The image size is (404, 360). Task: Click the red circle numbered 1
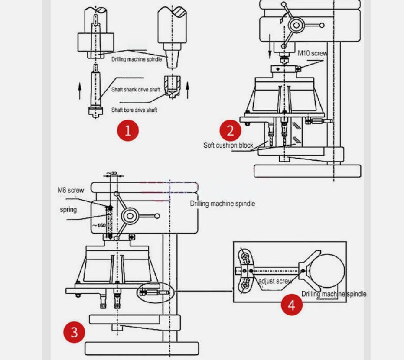tap(127, 130)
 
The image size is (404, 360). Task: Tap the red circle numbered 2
tap(230, 130)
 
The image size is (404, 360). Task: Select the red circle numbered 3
tap(74, 332)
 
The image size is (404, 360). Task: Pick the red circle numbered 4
tap(291, 305)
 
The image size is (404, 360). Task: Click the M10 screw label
tap(312, 53)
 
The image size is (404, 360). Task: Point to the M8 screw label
tap(71, 190)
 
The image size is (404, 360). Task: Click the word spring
tap(68, 210)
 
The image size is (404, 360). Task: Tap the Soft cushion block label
tap(228, 145)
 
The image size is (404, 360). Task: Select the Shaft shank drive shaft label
tap(136, 90)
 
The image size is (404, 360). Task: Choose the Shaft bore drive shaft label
tap(134, 110)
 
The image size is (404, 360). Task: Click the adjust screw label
tap(275, 281)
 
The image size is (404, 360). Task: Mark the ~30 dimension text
tap(114, 173)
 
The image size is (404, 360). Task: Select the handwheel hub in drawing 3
tap(130, 216)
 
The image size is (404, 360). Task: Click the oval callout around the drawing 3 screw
tap(156, 292)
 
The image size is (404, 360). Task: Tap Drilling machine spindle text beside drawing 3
tap(222, 204)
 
